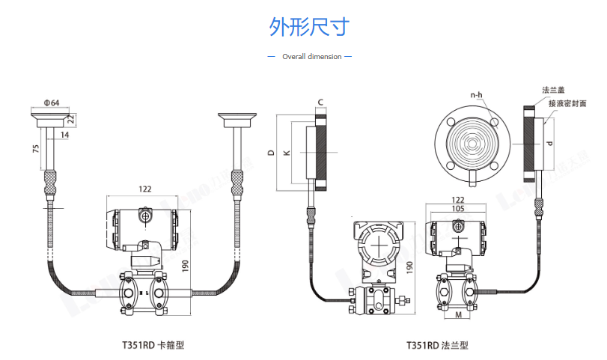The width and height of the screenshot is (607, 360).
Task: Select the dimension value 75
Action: (x=36, y=149)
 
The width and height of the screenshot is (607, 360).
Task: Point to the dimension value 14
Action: (x=64, y=135)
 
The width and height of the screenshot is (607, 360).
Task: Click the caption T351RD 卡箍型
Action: (x=153, y=345)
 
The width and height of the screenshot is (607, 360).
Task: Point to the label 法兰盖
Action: (x=552, y=91)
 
